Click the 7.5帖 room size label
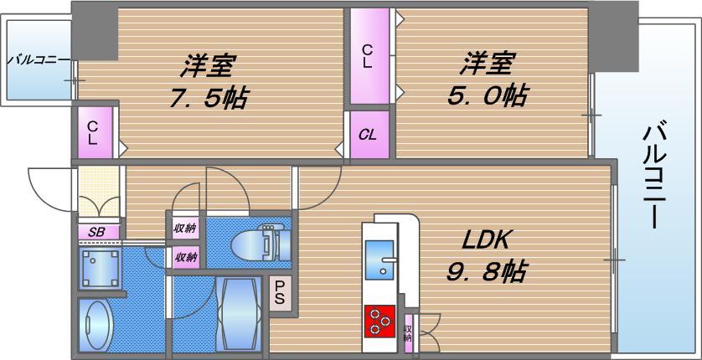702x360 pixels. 209,97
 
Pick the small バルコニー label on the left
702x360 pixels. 38,60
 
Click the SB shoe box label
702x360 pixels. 98,232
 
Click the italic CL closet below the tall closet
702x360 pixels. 368,135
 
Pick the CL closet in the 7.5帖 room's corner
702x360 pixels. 94,132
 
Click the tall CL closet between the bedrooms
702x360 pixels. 369,56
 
